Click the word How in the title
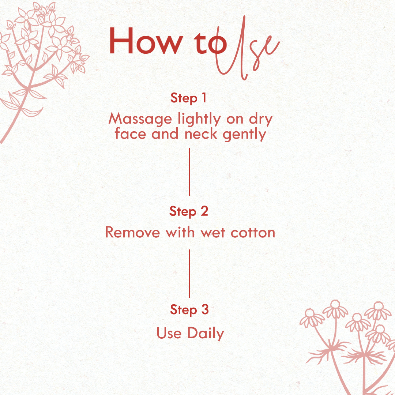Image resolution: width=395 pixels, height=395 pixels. pos(146,41)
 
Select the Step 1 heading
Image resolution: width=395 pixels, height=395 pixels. pos(188,98)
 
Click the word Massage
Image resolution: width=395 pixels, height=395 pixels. pos(140,118)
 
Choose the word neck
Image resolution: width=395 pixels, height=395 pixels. pos(201,133)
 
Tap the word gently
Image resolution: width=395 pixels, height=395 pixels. pos(244,134)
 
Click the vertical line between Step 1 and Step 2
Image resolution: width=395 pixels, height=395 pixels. pos(189,172)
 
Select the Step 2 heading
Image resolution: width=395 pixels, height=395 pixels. pos(189,211)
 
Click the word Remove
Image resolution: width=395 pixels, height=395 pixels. pos(132,232)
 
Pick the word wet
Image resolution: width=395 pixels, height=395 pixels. pos(213,233)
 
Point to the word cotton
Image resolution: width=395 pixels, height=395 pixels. pos(253,233)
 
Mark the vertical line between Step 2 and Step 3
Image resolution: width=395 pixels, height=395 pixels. pos(189,274)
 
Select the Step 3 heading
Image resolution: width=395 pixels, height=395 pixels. pos(189,310)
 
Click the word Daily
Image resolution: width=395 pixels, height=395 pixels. pos(206,333)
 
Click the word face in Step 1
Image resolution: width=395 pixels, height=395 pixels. pos(130,133)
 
